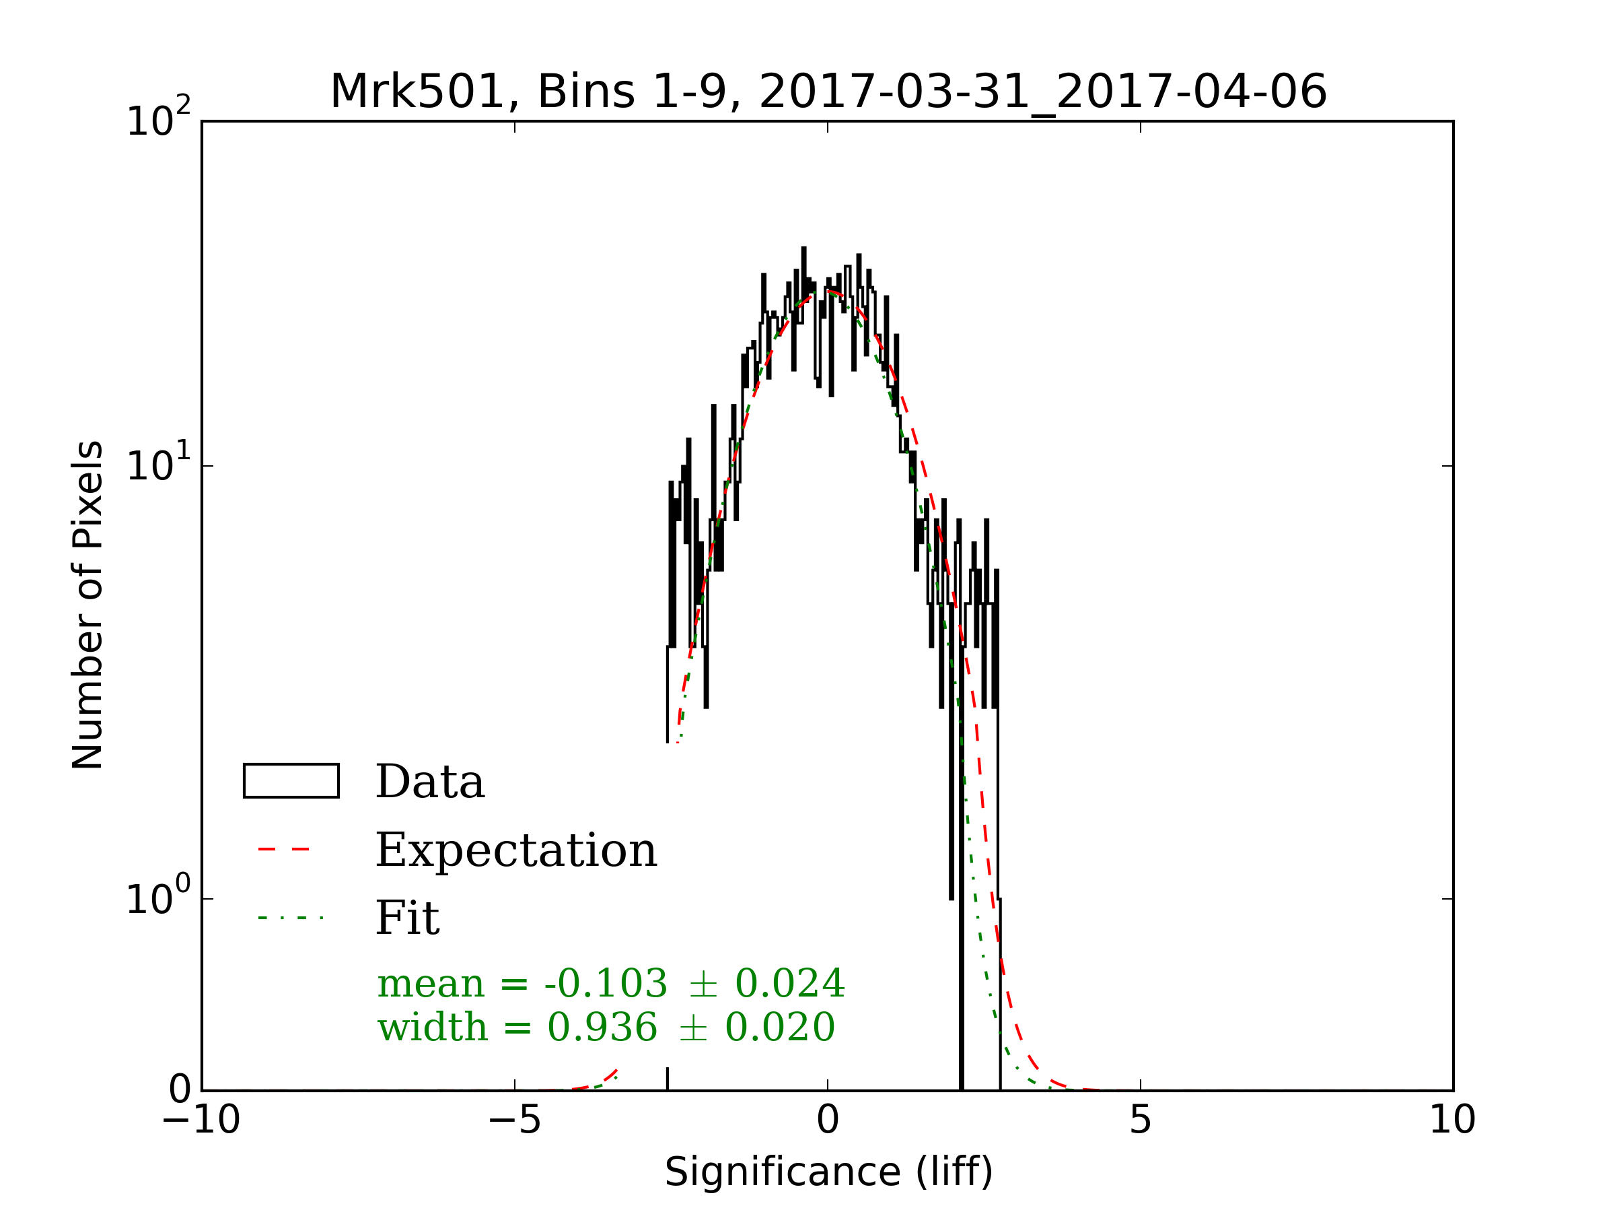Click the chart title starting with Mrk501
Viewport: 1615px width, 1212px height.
pyautogui.click(x=828, y=92)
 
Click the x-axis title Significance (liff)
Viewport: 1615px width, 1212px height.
pyautogui.click(x=828, y=1172)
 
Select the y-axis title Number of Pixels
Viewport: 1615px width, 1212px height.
pyautogui.click(x=87, y=605)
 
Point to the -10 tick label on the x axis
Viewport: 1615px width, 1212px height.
pyautogui.click(x=201, y=1119)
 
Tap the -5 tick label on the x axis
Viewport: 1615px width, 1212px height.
pyautogui.click(x=515, y=1119)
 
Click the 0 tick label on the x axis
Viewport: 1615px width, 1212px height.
pyautogui.click(x=828, y=1119)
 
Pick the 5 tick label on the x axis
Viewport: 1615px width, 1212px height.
pyautogui.click(x=1141, y=1119)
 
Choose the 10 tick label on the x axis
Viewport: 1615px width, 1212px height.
pyautogui.click(x=1452, y=1119)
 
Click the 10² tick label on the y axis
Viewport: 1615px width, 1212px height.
pyautogui.click(x=158, y=121)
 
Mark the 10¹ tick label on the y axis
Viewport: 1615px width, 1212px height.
pyautogui.click(x=158, y=465)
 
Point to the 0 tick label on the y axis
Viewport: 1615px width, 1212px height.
pyautogui.click(x=180, y=1090)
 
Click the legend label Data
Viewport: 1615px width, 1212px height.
pyautogui.click(x=430, y=782)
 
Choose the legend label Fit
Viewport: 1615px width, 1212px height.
pyautogui.click(x=407, y=918)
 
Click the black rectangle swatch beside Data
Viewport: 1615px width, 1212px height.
pyautogui.click(x=291, y=781)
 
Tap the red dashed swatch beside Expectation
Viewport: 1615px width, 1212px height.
pyautogui.click(x=285, y=849)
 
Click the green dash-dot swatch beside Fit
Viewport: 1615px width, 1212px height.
pyautogui.click(x=291, y=918)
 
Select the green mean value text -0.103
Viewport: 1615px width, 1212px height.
pyautogui.click(x=605, y=983)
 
